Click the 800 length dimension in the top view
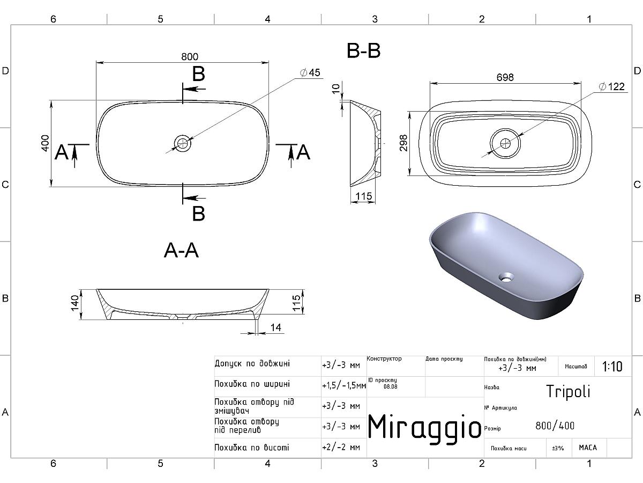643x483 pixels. (190, 56)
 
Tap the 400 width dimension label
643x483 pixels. (45, 143)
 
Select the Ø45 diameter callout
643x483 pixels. (310, 72)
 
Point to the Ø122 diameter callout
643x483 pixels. (612, 86)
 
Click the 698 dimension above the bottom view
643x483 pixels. (505, 77)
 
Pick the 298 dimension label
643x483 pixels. (403, 143)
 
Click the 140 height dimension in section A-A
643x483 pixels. (74, 304)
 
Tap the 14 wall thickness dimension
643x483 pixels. (275, 327)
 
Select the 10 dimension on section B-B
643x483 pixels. (336, 88)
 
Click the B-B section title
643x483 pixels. (363, 51)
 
